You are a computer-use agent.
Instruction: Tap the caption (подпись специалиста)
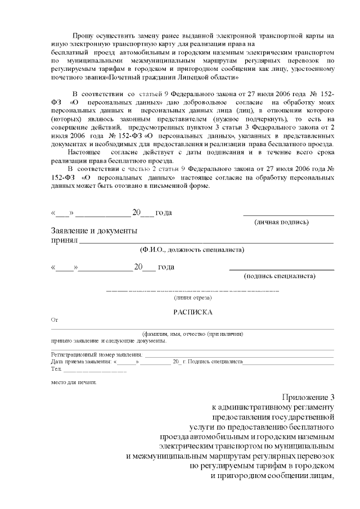[x=280, y=276]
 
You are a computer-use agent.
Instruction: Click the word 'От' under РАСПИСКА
[x=55, y=319]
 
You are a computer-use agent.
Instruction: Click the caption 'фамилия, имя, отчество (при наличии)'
[x=193, y=334]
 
